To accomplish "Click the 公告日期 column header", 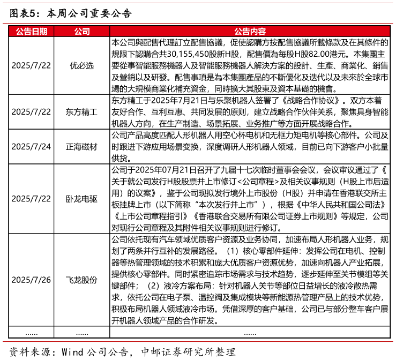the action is pyautogui.click(x=31, y=31).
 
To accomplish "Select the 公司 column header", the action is pyautogui.click(x=82, y=31).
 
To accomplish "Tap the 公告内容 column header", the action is pyautogui.click(x=250, y=31).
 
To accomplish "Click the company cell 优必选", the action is pyautogui.click(x=82, y=66).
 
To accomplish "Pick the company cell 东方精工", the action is pyautogui.click(x=81, y=112).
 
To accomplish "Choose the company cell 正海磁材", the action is pyautogui.click(x=81, y=147).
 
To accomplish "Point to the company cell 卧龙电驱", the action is pyautogui.click(x=81, y=199).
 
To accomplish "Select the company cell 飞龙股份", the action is pyautogui.click(x=81, y=280).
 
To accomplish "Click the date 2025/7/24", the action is pyautogui.click(x=31, y=147).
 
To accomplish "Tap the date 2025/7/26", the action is pyautogui.click(x=31, y=280).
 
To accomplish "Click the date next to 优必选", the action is pyautogui.click(x=31, y=66).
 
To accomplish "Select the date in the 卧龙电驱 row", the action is pyautogui.click(x=31, y=199).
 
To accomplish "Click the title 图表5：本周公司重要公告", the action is pyautogui.click(x=71, y=13).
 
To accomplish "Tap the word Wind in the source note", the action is pyautogui.click(x=72, y=352).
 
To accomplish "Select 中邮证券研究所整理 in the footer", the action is pyautogui.click(x=188, y=352).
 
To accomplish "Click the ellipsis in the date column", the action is pyautogui.click(x=31, y=334).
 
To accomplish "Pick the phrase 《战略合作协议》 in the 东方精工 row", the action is pyautogui.click(x=311, y=101).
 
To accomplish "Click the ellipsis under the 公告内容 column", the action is pyautogui.click(x=250, y=334).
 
